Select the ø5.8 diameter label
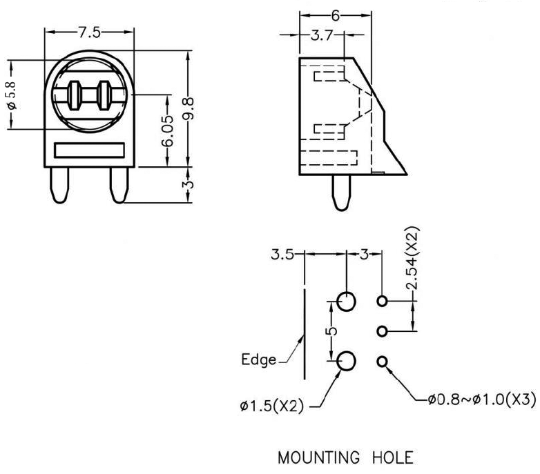click(x=10, y=95)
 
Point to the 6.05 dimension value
click(x=168, y=130)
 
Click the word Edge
click(x=258, y=359)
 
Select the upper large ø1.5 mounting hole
click(x=347, y=301)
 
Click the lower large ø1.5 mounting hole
click(x=347, y=360)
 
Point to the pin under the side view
click(x=340, y=192)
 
